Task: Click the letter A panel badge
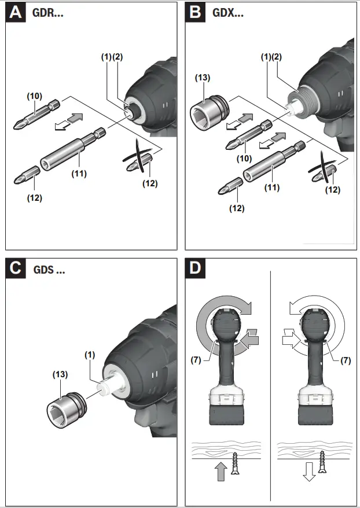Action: (x=16, y=13)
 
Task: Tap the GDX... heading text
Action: (x=227, y=13)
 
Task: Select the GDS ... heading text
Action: (x=50, y=269)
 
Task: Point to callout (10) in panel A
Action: (x=35, y=95)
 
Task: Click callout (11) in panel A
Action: (x=79, y=173)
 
